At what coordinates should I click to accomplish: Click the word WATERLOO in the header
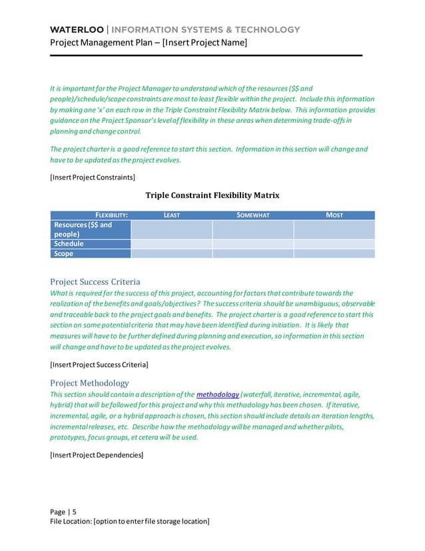[77, 30]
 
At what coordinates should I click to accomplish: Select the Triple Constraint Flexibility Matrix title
[212, 195]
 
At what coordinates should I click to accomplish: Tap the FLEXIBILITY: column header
[111, 215]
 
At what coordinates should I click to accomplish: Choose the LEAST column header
[172, 215]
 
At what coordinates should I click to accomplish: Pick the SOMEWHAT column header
[253, 215]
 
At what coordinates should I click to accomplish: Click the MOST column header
[334, 215]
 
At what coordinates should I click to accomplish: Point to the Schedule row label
[69, 244]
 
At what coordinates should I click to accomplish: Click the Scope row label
[64, 253]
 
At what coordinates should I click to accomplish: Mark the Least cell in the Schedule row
[172, 244]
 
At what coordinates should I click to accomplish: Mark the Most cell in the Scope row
[334, 253]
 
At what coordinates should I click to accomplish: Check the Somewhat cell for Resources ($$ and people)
[253, 229]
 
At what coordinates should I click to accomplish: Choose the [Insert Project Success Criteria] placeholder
[99, 365]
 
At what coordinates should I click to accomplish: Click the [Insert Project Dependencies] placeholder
[97, 455]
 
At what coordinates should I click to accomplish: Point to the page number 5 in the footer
[74, 512]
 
